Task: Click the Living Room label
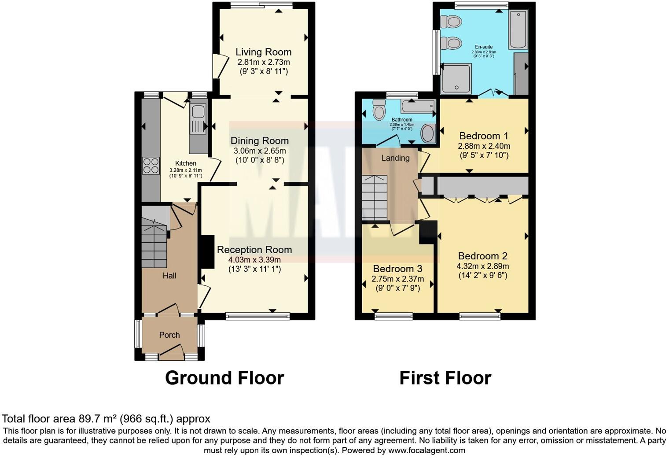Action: click(x=263, y=52)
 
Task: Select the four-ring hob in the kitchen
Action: click(x=151, y=166)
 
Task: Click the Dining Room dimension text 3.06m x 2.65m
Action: click(x=260, y=151)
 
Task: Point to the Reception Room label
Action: click(x=254, y=249)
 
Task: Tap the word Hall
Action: click(x=169, y=276)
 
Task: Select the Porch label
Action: click(x=169, y=335)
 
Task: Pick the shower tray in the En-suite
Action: click(x=456, y=78)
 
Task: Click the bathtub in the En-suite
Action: click(x=518, y=30)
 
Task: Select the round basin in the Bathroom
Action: click(x=427, y=133)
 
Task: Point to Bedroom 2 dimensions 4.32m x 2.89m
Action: click(x=483, y=266)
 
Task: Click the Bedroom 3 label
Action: click(x=397, y=269)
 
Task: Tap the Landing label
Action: click(x=395, y=158)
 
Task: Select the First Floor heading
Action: click(x=445, y=378)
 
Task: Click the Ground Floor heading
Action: click(x=224, y=378)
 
